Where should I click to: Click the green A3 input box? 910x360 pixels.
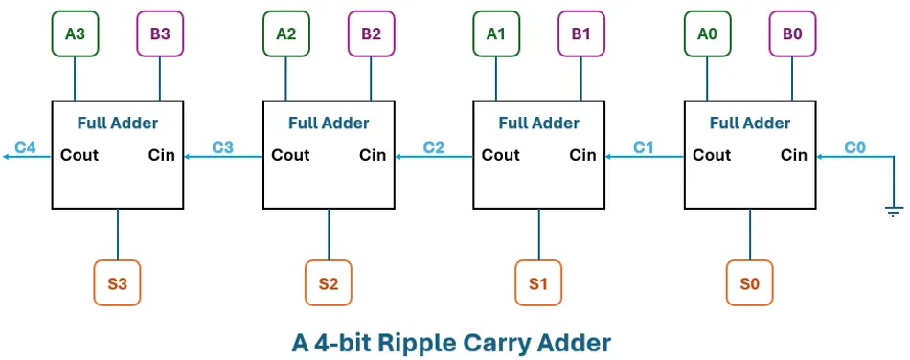tap(75, 34)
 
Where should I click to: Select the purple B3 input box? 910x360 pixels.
tap(160, 34)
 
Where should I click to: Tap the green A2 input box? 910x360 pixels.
tap(285, 34)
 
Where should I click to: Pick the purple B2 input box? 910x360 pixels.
tap(371, 34)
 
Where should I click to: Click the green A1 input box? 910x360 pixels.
tap(496, 34)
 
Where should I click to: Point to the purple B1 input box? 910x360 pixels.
tap(581, 34)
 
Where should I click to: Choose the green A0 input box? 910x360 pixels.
tap(707, 34)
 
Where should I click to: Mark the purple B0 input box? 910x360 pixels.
tap(792, 34)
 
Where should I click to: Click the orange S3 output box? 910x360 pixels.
tap(117, 283)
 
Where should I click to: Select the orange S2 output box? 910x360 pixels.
tap(329, 283)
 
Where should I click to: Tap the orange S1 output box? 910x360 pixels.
tap(538, 283)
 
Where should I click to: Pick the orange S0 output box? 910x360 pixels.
tap(749, 283)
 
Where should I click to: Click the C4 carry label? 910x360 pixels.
tap(25, 147)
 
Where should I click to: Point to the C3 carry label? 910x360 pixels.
tap(223, 147)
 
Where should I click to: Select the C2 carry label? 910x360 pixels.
tap(434, 147)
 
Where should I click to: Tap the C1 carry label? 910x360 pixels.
tap(644, 147)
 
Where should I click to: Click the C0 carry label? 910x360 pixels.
tap(854, 147)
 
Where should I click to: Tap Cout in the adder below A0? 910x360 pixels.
tap(712, 155)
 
